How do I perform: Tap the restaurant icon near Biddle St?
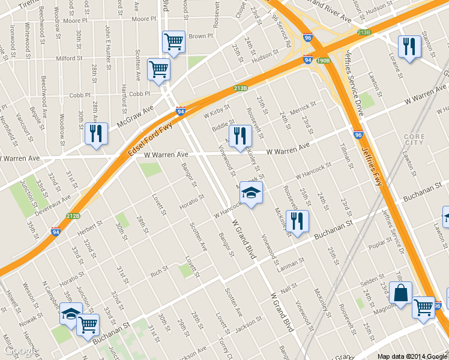240,135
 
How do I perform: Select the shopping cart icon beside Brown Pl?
173,42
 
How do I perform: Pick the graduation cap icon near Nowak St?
71,314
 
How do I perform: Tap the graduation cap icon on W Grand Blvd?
251,193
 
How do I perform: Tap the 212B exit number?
73,216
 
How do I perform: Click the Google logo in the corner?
19,350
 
